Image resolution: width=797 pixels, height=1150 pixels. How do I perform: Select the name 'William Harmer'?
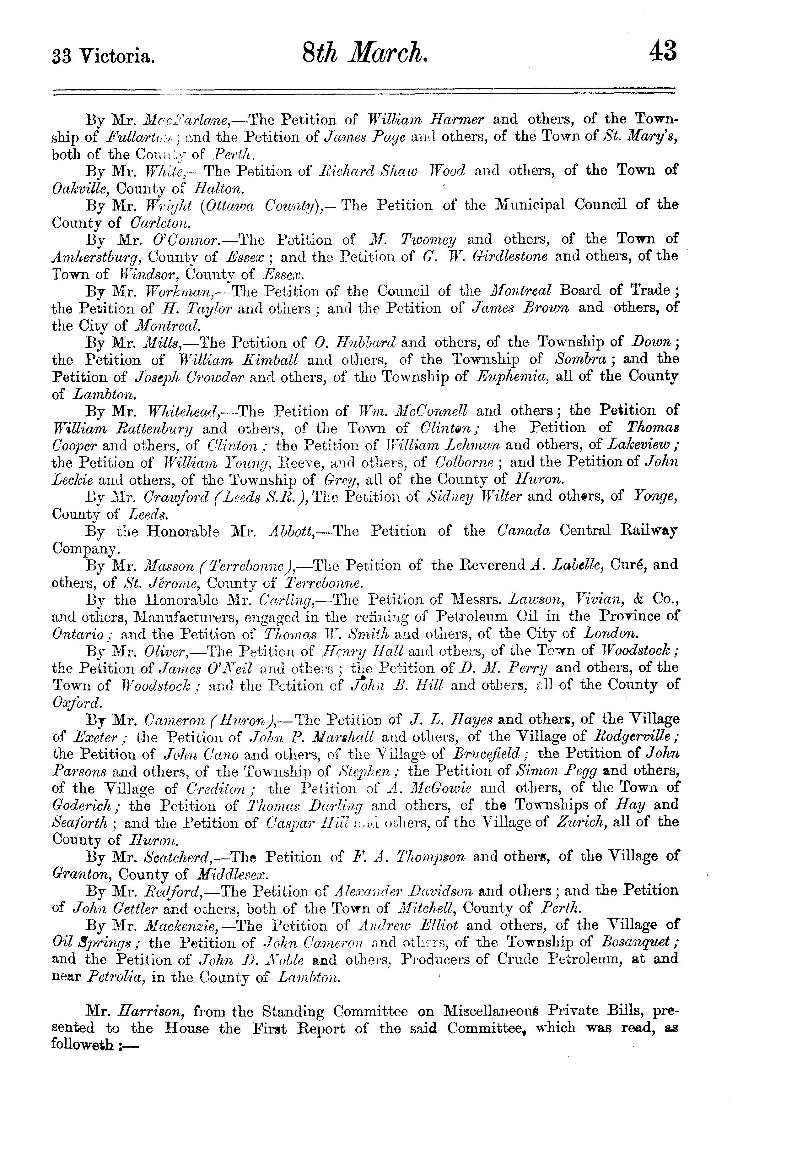(425, 120)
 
